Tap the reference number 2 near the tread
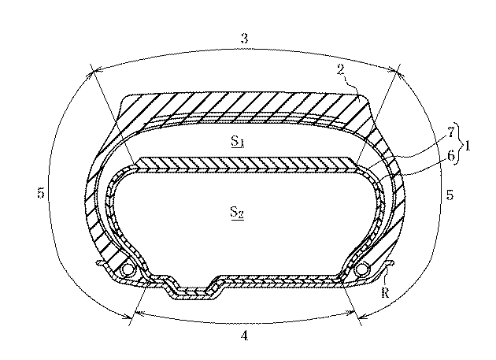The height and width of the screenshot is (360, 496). pyautogui.click(x=340, y=69)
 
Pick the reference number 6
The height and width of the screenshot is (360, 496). pyautogui.click(x=450, y=156)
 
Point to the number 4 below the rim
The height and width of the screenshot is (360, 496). pyautogui.click(x=244, y=336)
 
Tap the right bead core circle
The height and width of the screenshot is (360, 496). pyautogui.click(x=362, y=269)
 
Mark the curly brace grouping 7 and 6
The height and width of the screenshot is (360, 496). pyautogui.click(x=461, y=143)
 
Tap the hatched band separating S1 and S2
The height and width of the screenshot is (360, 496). pyautogui.click(x=244, y=164)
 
